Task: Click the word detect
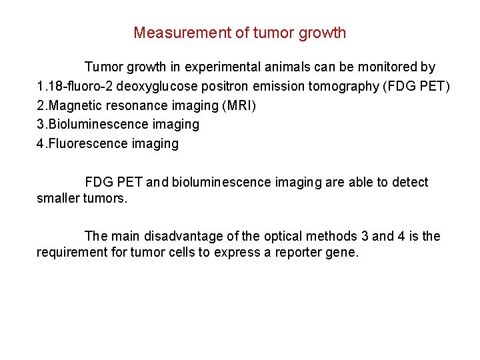[409, 183]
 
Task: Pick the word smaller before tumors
[58, 198]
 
